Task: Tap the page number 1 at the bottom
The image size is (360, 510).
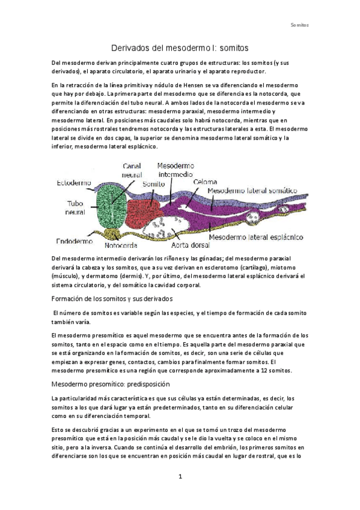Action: tap(180, 476)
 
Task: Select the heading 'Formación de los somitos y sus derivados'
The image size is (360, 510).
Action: tap(112, 298)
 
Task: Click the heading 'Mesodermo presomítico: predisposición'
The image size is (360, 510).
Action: tap(111, 383)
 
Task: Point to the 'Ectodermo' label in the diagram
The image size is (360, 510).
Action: tap(74, 183)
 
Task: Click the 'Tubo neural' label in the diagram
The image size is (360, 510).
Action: tap(76, 207)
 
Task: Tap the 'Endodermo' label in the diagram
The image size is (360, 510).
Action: tap(75, 241)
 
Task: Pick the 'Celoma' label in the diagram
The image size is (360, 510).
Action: tap(207, 181)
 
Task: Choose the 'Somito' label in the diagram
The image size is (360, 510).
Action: tap(154, 184)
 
